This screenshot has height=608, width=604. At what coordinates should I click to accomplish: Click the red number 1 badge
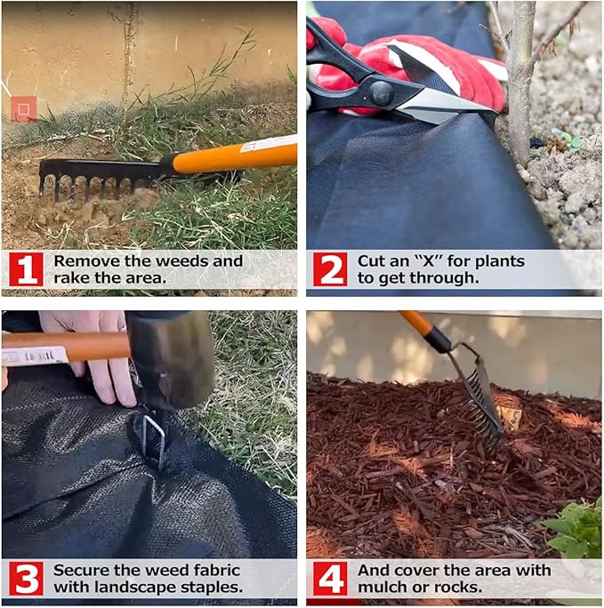point(26,269)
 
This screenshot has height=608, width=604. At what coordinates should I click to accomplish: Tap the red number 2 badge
point(330,269)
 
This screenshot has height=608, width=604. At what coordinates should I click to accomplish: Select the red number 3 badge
point(26,579)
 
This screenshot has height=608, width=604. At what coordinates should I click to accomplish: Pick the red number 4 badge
point(330,579)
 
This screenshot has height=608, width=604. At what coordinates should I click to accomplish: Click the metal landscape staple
point(155,441)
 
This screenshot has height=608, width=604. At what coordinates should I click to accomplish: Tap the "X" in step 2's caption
point(428,261)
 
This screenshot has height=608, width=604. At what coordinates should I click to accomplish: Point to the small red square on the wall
point(24,109)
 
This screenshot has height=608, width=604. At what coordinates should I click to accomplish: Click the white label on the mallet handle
point(35,356)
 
